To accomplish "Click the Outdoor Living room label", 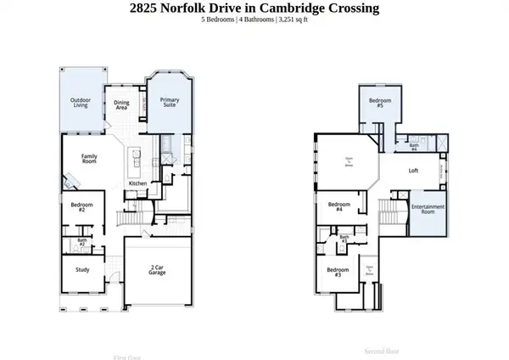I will click(81, 103).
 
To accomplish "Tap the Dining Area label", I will click(121, 104).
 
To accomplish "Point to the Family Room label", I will click(89, 159).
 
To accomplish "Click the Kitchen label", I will click(138, 183).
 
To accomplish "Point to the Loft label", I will click(413, 171).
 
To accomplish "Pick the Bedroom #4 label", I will click(339, 206).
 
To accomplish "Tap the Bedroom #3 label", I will click(337, 273).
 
